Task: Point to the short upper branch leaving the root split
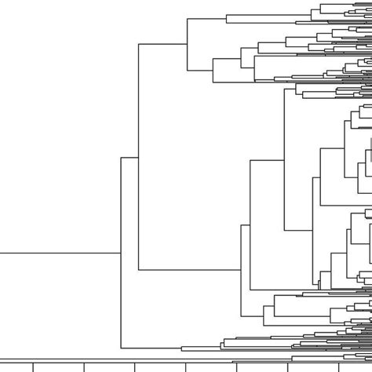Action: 129,157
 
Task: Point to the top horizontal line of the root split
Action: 129,157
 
